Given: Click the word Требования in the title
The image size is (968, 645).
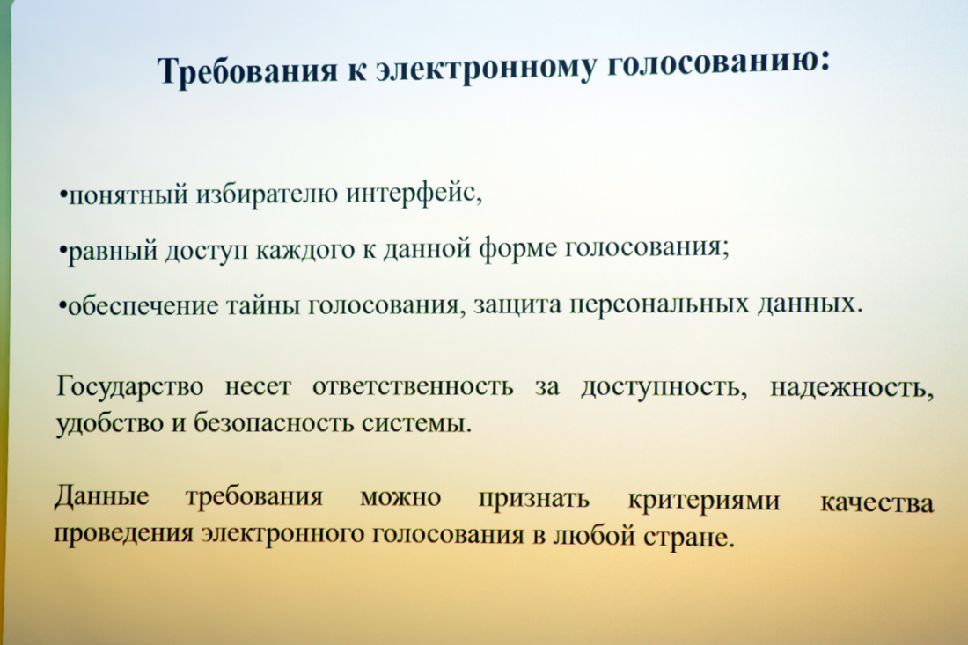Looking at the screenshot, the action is point(247,70).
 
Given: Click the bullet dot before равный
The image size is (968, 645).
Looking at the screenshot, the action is point(62,251).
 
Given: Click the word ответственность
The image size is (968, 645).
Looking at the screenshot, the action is point(413,386).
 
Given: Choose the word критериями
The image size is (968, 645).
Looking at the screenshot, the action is point(704,500).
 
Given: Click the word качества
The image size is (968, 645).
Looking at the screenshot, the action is point(876,502).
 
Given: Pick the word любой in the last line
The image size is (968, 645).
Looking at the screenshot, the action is point(596,534).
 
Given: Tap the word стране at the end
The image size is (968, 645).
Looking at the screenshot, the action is point(690,537).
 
